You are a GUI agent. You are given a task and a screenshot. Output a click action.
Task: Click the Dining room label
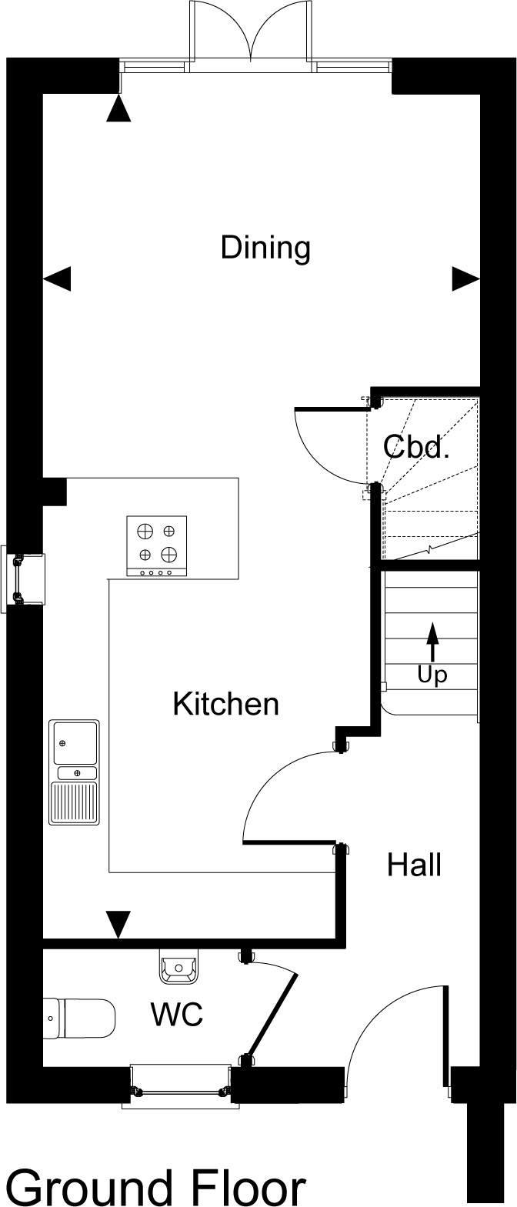tap(265, 248)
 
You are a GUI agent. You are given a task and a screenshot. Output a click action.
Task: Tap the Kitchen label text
tap(226, 704)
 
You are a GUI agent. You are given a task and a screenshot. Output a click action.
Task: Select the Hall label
tap(414, 865)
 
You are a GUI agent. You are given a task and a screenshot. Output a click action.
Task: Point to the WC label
tap(177, 1014)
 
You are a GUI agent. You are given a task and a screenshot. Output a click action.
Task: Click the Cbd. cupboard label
tap(416, 446)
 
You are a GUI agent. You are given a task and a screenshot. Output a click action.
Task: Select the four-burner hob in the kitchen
tap(157, 546)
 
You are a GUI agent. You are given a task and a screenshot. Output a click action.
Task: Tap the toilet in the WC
tap(78, 1019)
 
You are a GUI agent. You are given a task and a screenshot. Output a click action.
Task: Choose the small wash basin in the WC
tap(179, 967)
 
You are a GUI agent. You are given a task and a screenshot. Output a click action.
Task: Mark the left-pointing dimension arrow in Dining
tap(57, 279)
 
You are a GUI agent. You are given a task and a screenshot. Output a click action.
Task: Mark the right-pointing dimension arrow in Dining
tap(465, 279)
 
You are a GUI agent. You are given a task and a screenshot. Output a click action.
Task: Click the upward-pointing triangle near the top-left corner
tap(118, 108)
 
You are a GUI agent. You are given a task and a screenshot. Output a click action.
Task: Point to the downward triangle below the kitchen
tap(118, 924)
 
